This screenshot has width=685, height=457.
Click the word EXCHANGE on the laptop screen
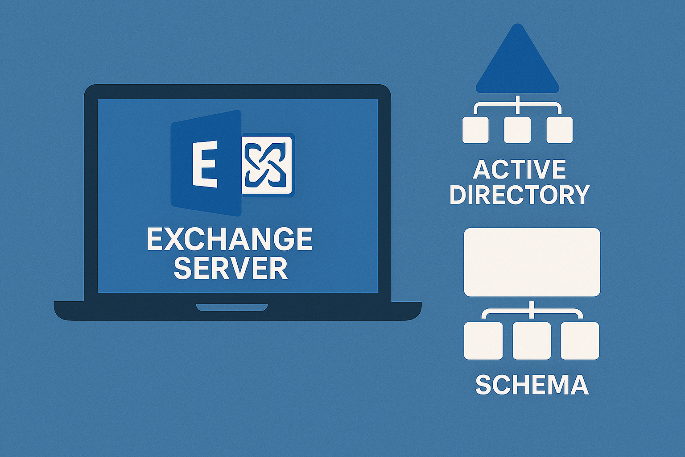pyautogui.click(x=229, y=240)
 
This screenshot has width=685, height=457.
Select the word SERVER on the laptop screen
pyautogui.click(x=231, y=268)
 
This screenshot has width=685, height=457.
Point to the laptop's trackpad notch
pyautogui.click(x=232, y=307)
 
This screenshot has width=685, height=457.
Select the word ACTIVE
pyautogui.click(x=519, y=170)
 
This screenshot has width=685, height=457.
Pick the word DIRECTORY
pyautogui.click(x=520, y=195)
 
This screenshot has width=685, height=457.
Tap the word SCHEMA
pyautogui.click(x=532, y=385)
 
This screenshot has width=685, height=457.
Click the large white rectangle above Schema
pyautogui.click(x=532, y=262)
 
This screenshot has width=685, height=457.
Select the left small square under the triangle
pyautogui.click(x=475, y=130)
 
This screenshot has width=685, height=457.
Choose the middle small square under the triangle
pyautogui.click(x=517, y=130)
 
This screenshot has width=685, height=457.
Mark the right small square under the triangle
pyautogui.click(x=559, y=130)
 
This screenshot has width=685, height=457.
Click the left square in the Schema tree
pyautogui.click(x=483, y=341)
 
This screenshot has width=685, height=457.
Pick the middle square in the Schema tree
pyautogui.click(x=532, y=341)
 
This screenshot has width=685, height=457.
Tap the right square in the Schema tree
pyautogui.click(x=580, y=341)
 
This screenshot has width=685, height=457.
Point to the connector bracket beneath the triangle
pyautogui.click(x=517, y=105)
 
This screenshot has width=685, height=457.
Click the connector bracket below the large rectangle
pyautogui.click(x=532, y=311)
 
